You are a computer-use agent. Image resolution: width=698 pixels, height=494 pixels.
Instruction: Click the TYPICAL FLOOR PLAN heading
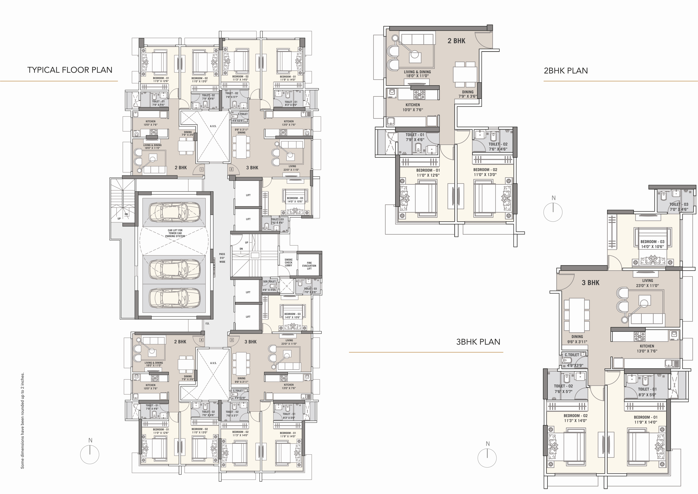coord(70,70)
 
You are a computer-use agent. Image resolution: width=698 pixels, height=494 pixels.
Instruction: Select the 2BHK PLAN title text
coord(566,71)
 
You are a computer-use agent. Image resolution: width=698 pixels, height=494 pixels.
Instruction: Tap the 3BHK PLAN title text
coord(478,342)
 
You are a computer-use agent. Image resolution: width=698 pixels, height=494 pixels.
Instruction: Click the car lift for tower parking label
coord(175,233)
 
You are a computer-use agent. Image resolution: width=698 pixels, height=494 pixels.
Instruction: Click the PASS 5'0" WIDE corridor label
coord(222,258)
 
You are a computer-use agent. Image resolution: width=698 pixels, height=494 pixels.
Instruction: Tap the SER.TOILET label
coord(269,281)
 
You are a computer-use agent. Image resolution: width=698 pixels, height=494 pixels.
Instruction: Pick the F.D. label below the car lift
coord(207,323)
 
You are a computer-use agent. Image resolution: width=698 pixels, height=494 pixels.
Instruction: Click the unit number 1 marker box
coord(202,169)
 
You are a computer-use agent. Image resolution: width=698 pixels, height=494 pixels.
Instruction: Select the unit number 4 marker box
coord(201,340)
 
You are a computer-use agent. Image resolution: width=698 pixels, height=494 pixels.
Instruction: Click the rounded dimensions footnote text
coord(22,420)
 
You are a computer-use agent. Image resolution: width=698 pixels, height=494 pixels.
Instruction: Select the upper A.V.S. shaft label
coord(213,126)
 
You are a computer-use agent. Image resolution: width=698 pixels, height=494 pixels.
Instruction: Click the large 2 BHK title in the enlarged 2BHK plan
coord(456,41)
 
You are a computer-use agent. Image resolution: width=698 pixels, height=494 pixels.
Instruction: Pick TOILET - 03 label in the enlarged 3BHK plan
coord(679,207)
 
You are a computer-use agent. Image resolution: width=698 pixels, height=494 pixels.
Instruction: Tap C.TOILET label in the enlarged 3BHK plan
coord(572,355)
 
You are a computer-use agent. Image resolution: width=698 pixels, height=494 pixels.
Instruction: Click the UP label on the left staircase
coord(119,219)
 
